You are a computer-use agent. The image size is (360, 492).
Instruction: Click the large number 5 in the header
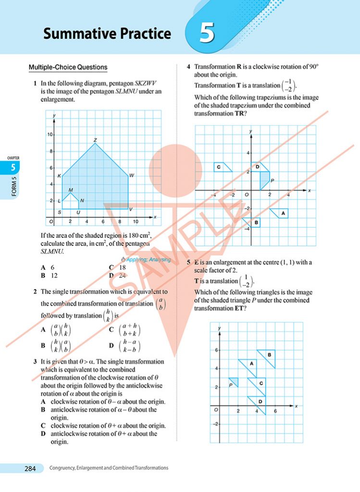coord(207,34)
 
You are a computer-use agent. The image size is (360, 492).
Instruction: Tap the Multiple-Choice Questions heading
coord(68,67)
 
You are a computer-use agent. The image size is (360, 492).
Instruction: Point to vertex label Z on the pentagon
coord(95,140)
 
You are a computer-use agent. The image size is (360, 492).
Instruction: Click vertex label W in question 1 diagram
coord(131,175)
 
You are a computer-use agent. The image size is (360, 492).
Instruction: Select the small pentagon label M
coord(71,190)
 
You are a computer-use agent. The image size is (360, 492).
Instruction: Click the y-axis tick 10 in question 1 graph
coord(50,135)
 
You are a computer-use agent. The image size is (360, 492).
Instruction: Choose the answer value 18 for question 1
coord(122,268)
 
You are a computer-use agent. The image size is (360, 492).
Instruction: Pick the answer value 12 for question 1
coord(54,276)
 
